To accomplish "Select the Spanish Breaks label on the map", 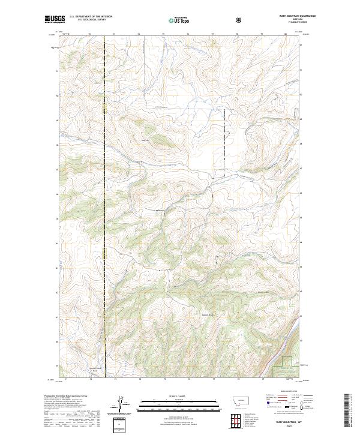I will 207,314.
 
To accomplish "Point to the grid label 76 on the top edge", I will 188,34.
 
